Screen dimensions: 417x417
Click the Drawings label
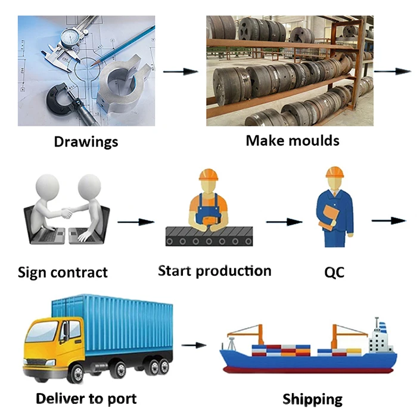(86, 142)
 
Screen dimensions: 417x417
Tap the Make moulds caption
(292, 141)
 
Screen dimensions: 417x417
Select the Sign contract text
(63, 273)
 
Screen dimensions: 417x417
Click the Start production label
(214, 271)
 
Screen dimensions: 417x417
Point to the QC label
(334, 273)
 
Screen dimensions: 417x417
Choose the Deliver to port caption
(86, 398)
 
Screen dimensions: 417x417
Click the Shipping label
(312, 399)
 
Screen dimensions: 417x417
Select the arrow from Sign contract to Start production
(136, 222)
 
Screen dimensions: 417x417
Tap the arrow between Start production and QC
(284, 222)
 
